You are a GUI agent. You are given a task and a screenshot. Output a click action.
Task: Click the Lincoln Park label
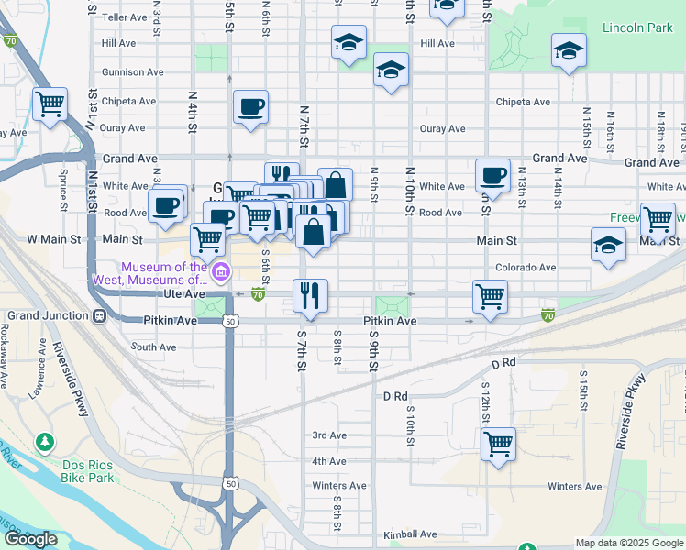pos(637,27)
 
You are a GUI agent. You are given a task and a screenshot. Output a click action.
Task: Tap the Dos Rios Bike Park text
pos(88,471)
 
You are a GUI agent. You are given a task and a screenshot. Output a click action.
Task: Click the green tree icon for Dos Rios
pos(44,443)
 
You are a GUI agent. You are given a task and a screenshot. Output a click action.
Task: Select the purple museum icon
pos(221,272)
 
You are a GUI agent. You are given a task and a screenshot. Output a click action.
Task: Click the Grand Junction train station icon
pos(98,316)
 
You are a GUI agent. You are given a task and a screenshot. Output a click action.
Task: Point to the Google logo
pos(30,539)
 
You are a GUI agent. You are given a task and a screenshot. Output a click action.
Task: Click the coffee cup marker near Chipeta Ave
pos(250,107)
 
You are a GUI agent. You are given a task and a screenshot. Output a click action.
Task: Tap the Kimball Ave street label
pos(412,534)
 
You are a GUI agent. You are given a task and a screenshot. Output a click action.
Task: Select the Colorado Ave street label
pos(526,268)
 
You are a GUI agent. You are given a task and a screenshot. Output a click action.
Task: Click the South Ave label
pos(153,347)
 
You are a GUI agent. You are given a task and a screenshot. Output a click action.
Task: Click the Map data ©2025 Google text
pos(629,543)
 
